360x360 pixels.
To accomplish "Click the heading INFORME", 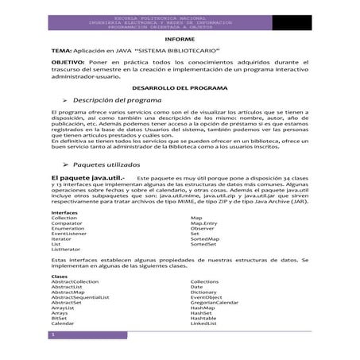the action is click(179, 39).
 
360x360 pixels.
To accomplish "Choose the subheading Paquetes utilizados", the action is click(114, 183).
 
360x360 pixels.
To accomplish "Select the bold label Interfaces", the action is click(64, 236).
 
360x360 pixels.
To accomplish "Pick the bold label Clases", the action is click(60, 276).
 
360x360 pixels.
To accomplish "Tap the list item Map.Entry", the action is click(204, 246).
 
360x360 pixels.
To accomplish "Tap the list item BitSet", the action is click(61, 319).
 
